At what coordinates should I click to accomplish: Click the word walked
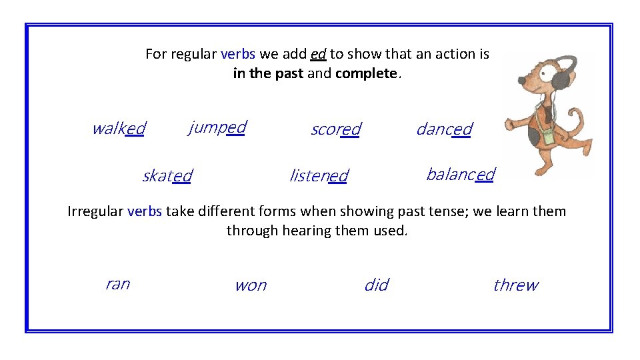[x=118, y=128]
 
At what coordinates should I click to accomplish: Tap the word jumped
[x=217, y=127]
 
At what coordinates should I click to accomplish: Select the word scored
[x=335, y=129]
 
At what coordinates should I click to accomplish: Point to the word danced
[x=444, y=129]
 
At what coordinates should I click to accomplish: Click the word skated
[x=167, y=176]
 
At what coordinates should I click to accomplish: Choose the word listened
[x=318, y=176]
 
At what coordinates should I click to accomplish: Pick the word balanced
[x=460, y=175]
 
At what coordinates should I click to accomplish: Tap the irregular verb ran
[x=117, y=284]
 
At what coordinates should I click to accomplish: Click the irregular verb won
[x=250, y=285]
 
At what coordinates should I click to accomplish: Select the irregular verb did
[x=376, y=285]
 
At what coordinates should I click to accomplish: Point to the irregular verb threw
[x=515, y=285]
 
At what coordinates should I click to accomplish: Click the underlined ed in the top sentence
[x=318, y=54]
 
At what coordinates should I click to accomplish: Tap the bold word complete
[x=366, y=73]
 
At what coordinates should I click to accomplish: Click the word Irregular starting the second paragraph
[x=95, y=211]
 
